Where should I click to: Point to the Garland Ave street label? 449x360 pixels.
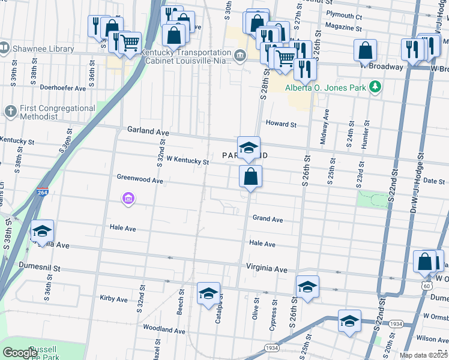pos(148,130)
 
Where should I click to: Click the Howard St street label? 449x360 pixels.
pos(282,124)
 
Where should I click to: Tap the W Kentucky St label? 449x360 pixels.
pos(187,161)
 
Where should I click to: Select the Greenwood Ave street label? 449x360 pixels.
pos(140,179)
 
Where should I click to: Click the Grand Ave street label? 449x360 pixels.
pos(267,220)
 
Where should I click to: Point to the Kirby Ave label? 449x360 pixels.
pos(113,299)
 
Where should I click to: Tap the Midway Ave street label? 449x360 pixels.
pos(326,122)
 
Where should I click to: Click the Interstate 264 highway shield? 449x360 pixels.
pos(41,192)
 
